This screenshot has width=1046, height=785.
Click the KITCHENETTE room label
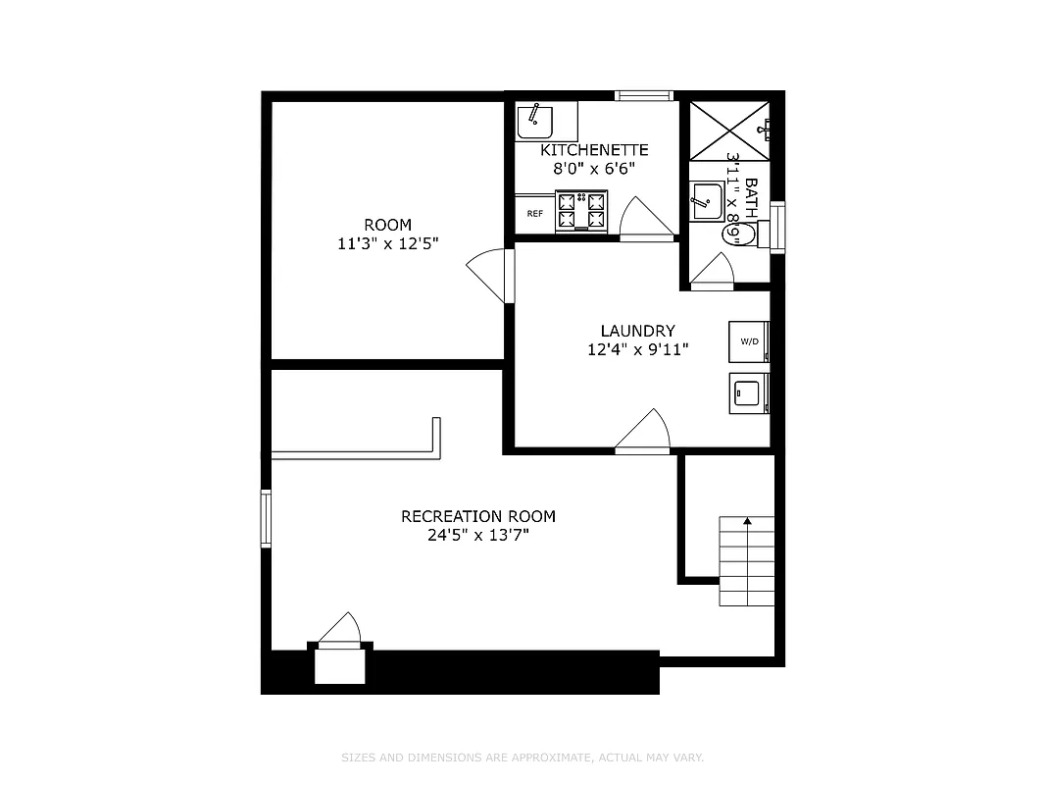click(594, 150)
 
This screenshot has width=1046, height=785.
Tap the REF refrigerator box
click(535, 213)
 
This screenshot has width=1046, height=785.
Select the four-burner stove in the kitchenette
click(581, 211)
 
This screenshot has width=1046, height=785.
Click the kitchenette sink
click(535, 122)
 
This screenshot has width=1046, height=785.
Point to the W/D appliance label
click(749, 341)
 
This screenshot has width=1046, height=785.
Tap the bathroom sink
click(705, 202)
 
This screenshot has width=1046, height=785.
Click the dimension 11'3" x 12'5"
click(387, 243)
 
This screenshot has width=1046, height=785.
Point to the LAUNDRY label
click(637, 331)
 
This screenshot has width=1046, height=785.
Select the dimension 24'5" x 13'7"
click(477, 536)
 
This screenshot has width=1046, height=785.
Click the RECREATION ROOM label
click(477, 516)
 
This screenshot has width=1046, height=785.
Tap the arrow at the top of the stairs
click(748, 522)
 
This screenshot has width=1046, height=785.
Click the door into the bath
click(714, 272)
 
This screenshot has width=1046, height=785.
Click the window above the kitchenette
click(644, 95)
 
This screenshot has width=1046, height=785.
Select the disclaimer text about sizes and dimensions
click(523, 758)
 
